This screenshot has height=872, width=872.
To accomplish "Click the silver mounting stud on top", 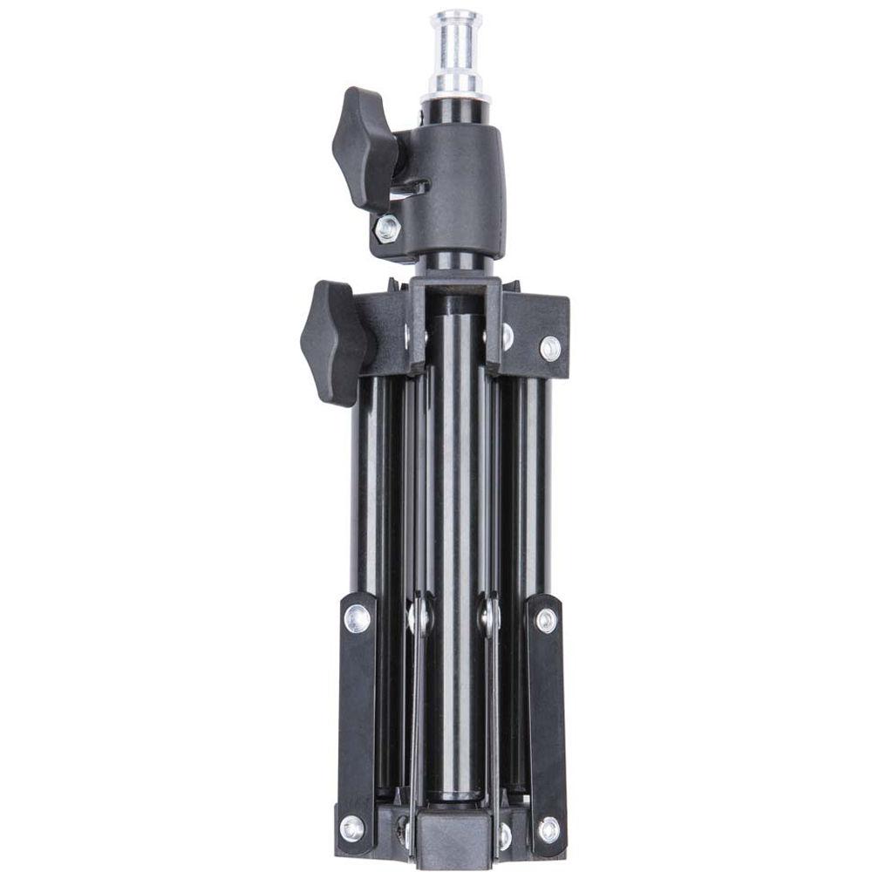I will [456, 52].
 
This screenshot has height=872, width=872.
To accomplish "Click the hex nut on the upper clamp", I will [386, 228].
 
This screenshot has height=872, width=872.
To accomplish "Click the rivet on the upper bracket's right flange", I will [549, 347].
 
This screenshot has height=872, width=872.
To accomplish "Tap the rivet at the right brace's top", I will [546, 620].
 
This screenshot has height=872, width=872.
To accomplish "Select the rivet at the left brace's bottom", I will [352, 827].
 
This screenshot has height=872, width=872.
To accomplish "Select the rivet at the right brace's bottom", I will [548, 828].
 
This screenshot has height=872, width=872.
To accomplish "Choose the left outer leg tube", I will [366, 488].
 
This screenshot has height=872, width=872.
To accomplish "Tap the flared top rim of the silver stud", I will [456, 18].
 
